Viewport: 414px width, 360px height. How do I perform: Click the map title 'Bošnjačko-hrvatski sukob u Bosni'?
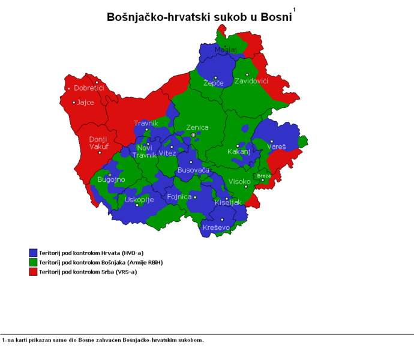point(199,17)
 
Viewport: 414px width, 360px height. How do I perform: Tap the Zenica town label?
point(197,127)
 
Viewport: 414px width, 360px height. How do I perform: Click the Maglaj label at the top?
point(226,49)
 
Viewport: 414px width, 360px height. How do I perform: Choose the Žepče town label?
point(214,83)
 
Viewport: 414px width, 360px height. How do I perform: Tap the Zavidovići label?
point(251,80)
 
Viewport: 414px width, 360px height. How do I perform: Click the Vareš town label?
point(277,146)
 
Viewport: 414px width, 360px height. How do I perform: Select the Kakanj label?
point(238,152)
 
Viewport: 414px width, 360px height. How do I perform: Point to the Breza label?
point(264,176)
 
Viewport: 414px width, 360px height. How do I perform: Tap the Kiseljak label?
point(227,203)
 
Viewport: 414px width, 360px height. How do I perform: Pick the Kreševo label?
point(216,227)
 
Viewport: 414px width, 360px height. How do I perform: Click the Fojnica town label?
point(179,197)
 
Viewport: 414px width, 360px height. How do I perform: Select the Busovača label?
point(193,171)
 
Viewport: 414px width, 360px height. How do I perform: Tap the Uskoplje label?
point(139,199)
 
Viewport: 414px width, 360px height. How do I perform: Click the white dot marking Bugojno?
point(110,175)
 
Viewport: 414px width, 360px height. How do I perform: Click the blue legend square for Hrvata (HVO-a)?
point(33,253)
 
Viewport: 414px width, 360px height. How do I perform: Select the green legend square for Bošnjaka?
point(33,262)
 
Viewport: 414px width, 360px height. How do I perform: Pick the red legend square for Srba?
point(33,272)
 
